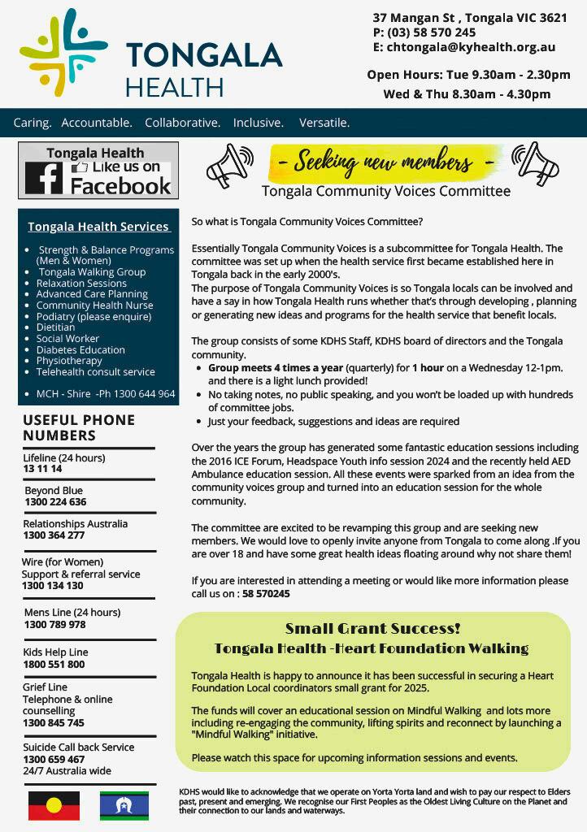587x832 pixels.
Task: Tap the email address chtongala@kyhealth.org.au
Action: [471, 48]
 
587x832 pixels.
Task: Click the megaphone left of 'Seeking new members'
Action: [230, 166]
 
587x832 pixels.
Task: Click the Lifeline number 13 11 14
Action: [42, 469]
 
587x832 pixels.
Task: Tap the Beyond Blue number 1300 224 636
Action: [55, 502]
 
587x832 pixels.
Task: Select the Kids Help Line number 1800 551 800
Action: [54, 664]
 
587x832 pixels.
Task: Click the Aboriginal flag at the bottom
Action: [54, 805]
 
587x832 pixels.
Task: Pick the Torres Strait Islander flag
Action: [124, 805]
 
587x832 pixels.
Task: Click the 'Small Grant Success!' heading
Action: [372, 629]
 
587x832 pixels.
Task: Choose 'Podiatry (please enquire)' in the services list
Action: [93, 316]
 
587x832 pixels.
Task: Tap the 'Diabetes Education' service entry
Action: [80, 349]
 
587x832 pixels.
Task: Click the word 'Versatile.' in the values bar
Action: [324, 123]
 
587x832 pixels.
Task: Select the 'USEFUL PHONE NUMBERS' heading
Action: [79, 427]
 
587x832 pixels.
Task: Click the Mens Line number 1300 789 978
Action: [54, 624]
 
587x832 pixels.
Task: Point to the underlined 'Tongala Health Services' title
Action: [98, 227]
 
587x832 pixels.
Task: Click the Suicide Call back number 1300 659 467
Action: [54, 759]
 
